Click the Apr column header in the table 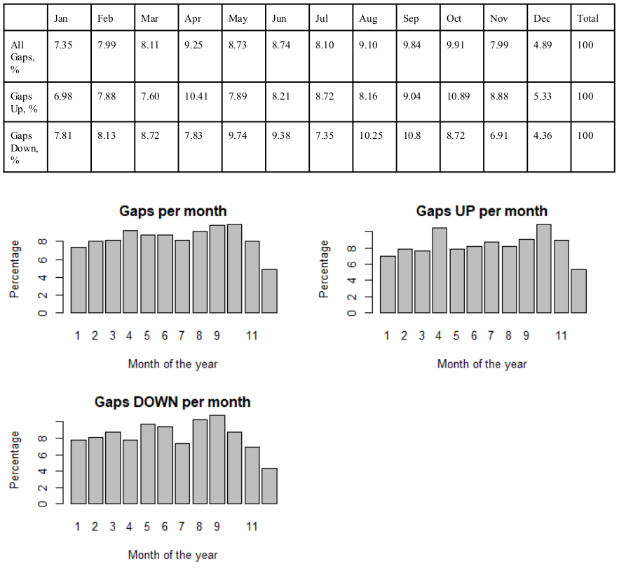[193, 19]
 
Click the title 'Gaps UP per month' [482, 211]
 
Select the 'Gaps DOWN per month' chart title [172, 402]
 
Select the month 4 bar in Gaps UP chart [439, 270]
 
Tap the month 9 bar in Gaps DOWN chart [217, 459]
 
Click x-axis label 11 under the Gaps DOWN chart [252, 526]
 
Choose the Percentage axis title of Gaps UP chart [324, 269]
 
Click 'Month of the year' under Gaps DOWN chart [172, 555]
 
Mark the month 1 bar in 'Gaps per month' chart [78, 280]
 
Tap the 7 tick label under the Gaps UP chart [491, 336]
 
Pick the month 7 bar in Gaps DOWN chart [182, 473]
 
